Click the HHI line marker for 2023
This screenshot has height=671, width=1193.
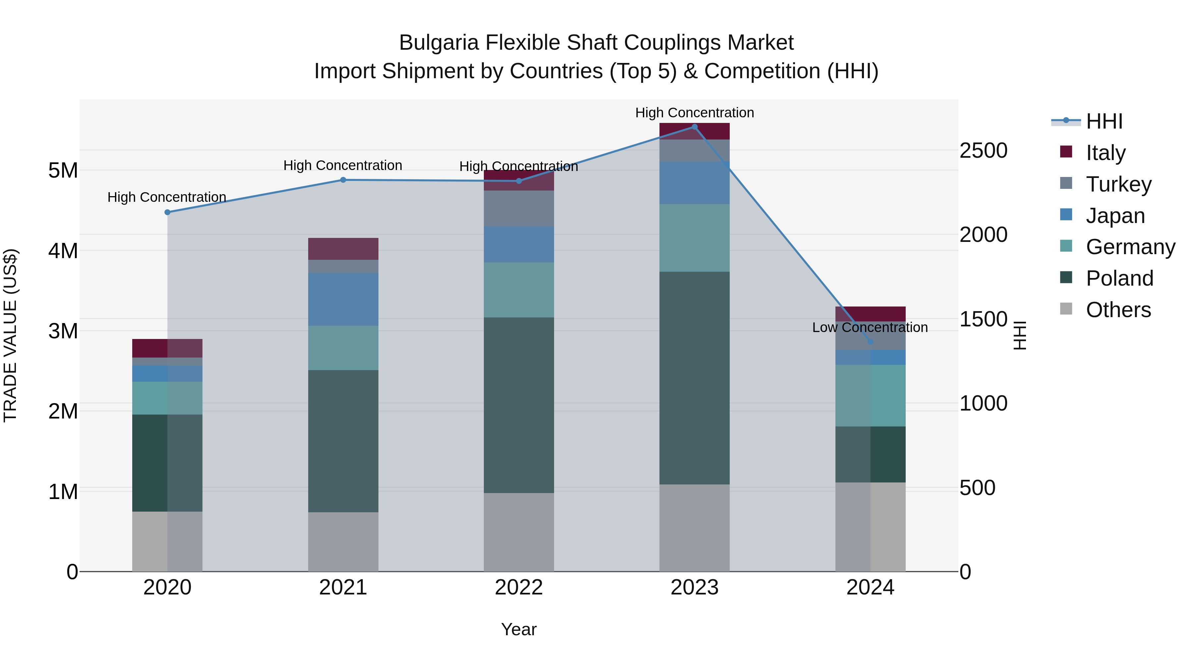[694, 127]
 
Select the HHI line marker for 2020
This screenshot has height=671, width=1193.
[168, 212]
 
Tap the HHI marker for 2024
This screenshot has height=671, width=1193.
[870, 342]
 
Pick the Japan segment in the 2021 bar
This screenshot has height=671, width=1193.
[343, 299]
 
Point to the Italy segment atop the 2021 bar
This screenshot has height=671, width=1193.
[343, 249]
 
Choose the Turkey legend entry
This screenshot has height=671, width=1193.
[1118, 184]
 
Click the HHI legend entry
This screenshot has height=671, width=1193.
[1104, 121]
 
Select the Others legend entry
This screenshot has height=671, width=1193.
[1118, 309]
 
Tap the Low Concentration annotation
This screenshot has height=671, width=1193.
[870, 327]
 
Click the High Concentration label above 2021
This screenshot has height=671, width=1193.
[343, 165]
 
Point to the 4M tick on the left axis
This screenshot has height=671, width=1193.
[63, 251]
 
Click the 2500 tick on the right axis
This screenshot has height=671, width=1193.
[983, 150]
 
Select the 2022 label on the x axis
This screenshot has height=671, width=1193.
[519, 587]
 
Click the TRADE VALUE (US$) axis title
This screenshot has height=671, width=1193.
[11, 335]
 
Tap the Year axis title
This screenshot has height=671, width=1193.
[519, 629]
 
